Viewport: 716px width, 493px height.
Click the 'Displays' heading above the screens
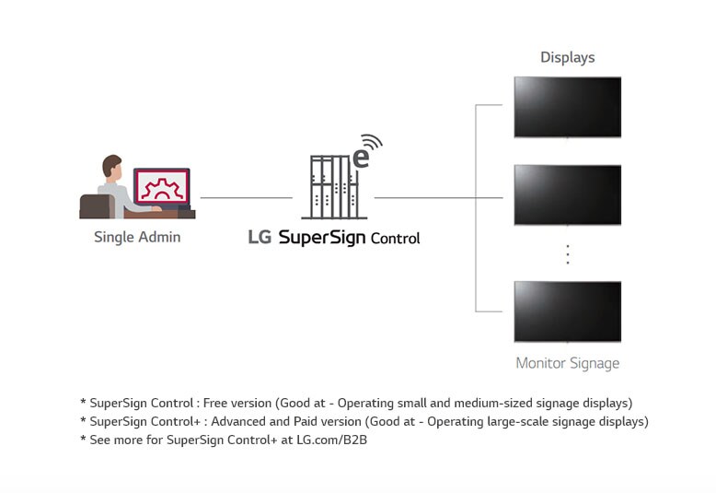[567, 57]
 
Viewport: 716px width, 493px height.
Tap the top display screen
[567, 107]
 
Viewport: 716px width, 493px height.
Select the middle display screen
[567, 194]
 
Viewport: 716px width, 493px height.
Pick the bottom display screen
[567, 311]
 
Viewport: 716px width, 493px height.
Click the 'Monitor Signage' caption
[567, 363]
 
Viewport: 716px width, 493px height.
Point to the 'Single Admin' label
[137, 237]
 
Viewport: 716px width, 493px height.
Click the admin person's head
[112, 167]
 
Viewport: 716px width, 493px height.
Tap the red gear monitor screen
[162, 187]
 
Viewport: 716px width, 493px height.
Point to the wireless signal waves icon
[372, 143]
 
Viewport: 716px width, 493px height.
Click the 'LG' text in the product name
[260, 237]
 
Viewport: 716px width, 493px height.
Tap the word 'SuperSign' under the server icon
[321, 238]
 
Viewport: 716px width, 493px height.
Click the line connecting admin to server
[246, 197]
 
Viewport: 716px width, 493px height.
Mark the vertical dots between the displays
[567, 254]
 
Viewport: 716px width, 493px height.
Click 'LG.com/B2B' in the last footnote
[332, 440]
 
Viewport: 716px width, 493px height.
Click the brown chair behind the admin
[95, 206]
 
